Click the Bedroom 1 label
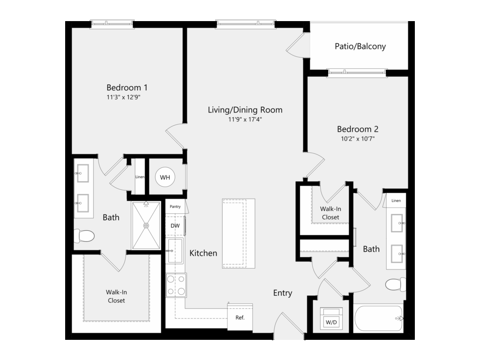tap(127, 88)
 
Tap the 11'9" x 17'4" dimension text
tap(245, 120)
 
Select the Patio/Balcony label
tap(360, 46)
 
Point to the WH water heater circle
tap(165, 177)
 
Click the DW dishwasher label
tap(175, 226)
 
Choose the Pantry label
tap(175, 207)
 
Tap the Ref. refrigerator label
tap(240, 317)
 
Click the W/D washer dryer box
tap(331, 319)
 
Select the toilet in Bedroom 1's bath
tap(84, 236)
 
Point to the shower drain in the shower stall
tap(146, 225)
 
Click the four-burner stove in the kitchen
tap(176, 285)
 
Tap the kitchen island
tap(239, 233)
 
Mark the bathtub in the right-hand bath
tap(379, 318)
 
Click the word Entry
tap(283, 293)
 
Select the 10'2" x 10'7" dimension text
tap(358, 139)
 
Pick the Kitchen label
tap(203, 253)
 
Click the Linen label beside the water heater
tap(140, 177)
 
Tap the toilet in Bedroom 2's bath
tap(396, 285)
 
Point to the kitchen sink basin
tap(175, 251)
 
